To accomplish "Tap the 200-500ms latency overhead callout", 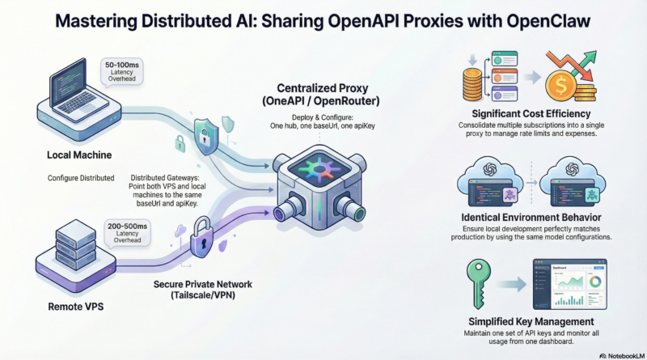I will pos(128,233).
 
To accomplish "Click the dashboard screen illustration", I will pos(570,284).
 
